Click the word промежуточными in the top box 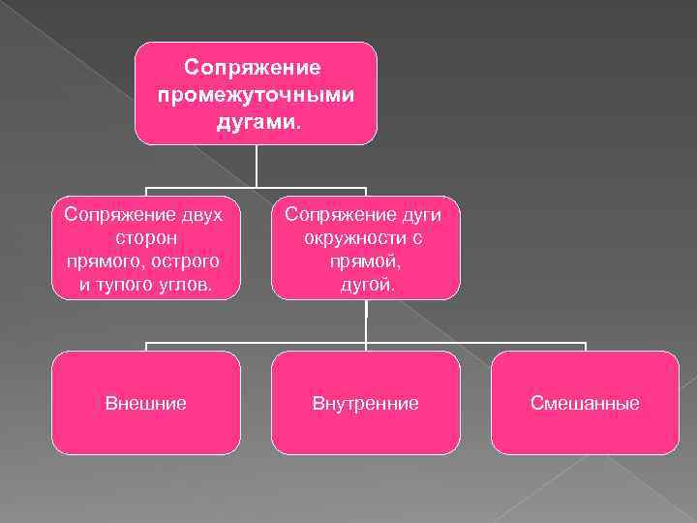click(257, 97)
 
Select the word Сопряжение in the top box click(257, 69)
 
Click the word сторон click(145, 237)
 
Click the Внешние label click(145, 403)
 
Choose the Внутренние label click(365, 403)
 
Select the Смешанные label click(585, 403)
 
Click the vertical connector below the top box click(257, 166)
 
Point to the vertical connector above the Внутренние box click(366, 323)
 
